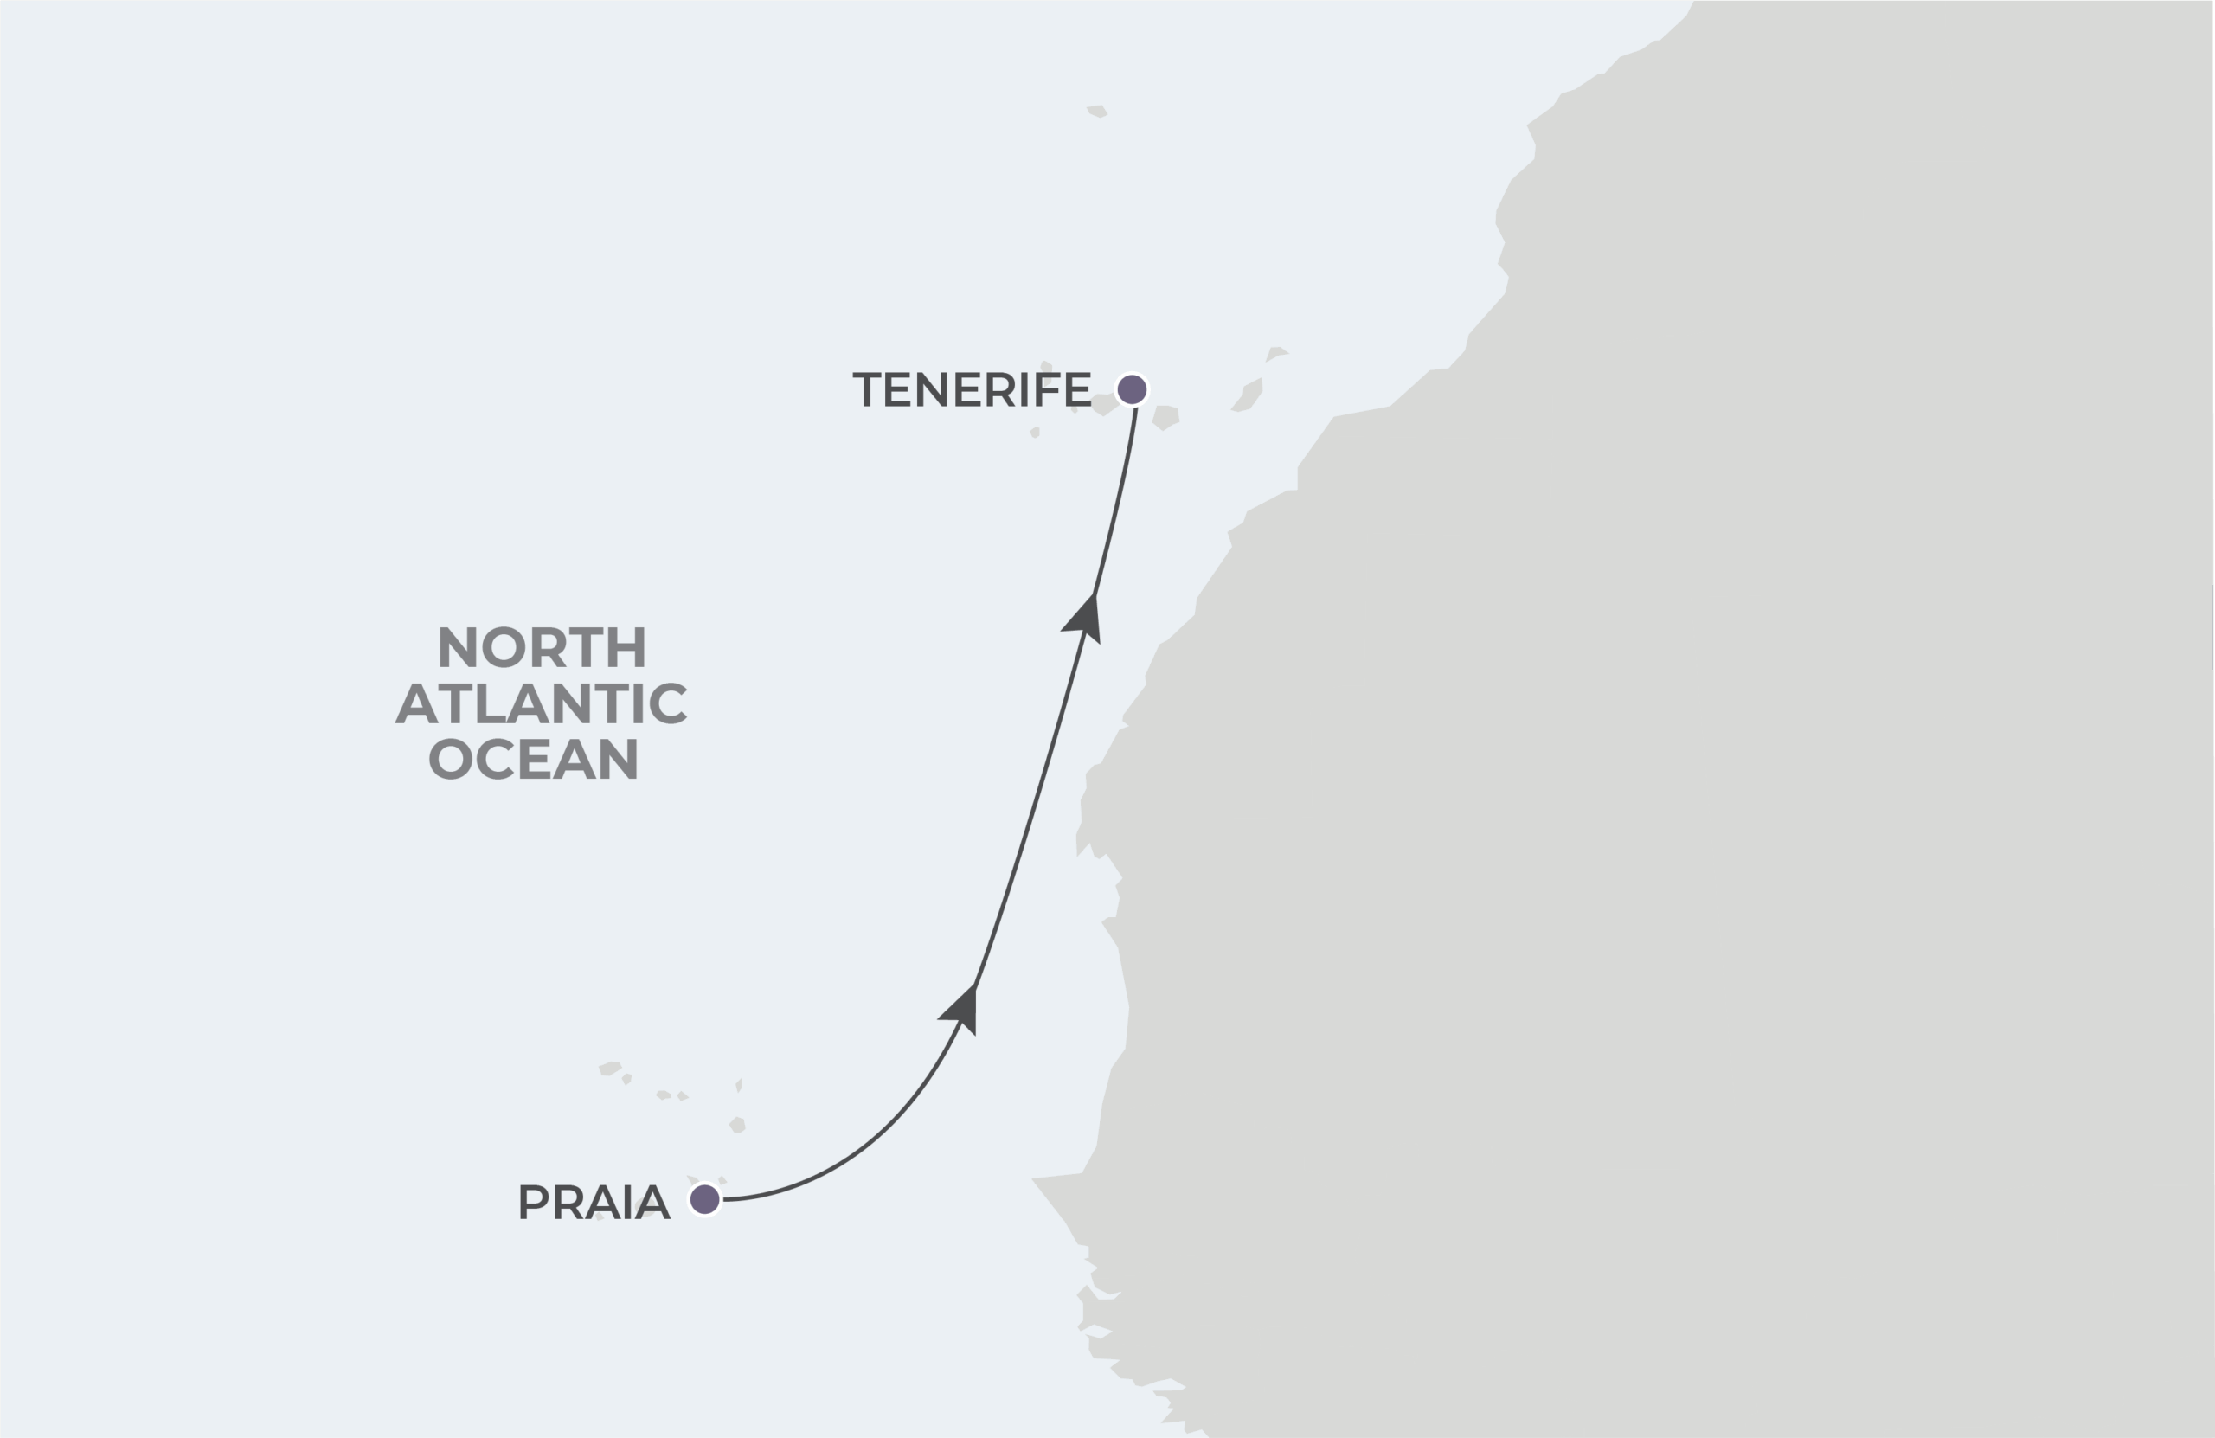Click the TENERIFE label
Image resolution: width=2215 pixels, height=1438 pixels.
point(972,389)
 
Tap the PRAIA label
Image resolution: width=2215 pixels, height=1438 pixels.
point(594,1203)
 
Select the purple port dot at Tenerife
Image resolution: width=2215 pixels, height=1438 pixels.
point(1132,389)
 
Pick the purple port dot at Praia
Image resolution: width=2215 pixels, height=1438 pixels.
point(704,1200)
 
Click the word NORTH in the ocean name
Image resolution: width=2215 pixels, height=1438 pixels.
point(542,648)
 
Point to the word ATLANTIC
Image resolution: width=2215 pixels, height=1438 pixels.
point(541,703)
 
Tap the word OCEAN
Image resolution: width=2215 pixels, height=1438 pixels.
point(533,760)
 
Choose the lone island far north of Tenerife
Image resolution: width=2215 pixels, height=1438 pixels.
point(1097,111)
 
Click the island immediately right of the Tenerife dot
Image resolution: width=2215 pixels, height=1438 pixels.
point(1166,417)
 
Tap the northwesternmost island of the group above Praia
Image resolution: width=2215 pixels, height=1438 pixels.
point(610,1069)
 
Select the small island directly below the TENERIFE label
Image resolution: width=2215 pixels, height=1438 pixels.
point(1035,432)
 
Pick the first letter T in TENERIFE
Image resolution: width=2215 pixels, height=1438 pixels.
point(866,389)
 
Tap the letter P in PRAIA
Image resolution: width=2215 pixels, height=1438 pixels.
point(532,1203)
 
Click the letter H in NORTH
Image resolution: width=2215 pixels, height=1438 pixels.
point(629,648)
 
